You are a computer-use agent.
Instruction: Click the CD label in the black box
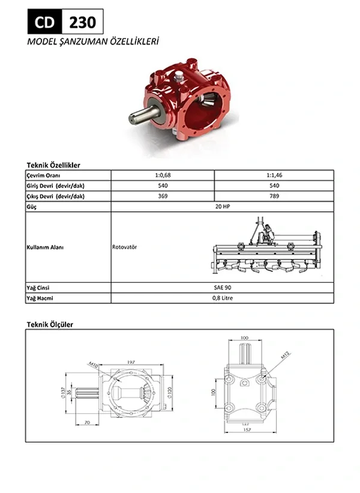[44, 22]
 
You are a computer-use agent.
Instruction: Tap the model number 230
[82, 23]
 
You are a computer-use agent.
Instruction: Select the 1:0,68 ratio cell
[163, 175]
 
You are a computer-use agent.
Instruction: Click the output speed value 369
[163, 196]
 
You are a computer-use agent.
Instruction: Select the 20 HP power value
[222, 207]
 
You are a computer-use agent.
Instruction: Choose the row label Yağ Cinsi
[38, 288]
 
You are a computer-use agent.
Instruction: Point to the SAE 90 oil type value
[222, 288]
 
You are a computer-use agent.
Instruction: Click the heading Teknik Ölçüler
[50, 324]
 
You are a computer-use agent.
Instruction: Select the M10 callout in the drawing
[94, 365]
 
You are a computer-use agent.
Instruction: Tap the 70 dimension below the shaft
[88, 424]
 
